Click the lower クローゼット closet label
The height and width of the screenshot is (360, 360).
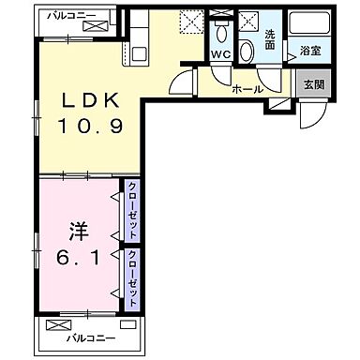pyautogui.click(x=134, y=277)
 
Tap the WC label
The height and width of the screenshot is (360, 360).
pyautogui.click(x=222, y=53)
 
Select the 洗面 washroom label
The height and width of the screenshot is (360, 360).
pyautogui.click(x=269, y=39)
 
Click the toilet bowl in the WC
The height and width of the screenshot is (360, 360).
pyautogui.click(x=221, y=34)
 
